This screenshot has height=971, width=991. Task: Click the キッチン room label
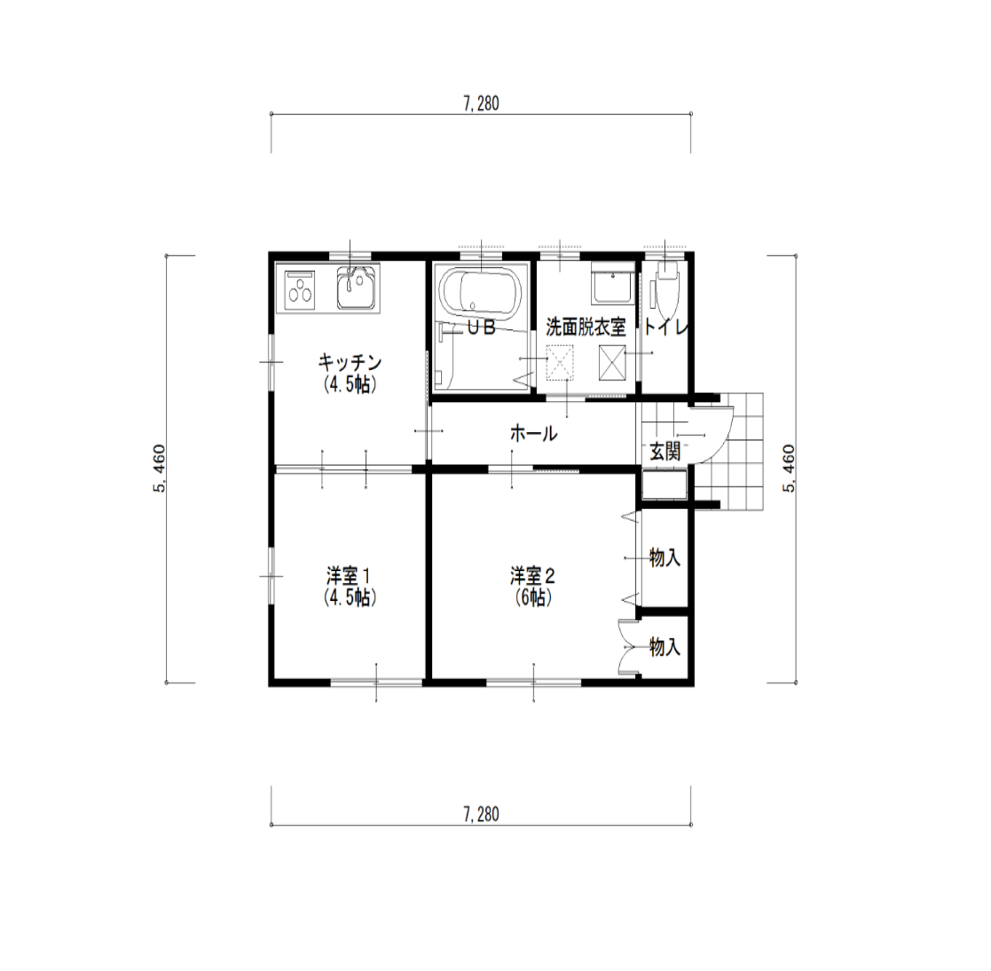pyautogui.click(x=349, y=362)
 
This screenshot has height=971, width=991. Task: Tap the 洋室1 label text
pyautogui.click(x=349, y=576)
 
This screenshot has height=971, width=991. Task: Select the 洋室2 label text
pyautogui.click(x=533, y=576)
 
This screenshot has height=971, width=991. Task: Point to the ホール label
pyautogui.click(x=533, y=434)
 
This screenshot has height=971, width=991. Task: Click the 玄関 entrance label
pyautogui.click(x=665, y=451)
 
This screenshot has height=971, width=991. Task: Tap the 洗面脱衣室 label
pyautogui.click(x=585, y=328)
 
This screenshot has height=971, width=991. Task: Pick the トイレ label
pyautogui.click(x=666, y=328)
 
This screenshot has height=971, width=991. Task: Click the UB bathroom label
pyautogui.click(x=482, y=328)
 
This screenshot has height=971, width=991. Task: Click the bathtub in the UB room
pyautogui.click(x=480, y=294)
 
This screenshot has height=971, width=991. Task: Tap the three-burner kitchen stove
pyautogui.click(x=300, y=290)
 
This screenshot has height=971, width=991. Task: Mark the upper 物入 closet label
pyautogui.click(x=665, y=558)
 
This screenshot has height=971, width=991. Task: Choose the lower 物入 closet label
pyautogui.click(x=665, y=646)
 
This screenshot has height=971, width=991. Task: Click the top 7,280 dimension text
pyautogui.click(x=481, y=104)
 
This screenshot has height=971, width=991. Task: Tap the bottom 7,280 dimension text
pyautogui.click(x=481, y=814)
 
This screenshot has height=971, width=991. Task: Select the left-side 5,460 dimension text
pyautogui.click(x=159, y=469)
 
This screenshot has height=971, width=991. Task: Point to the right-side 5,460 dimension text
pyautogui.click(x=789, y=469)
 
